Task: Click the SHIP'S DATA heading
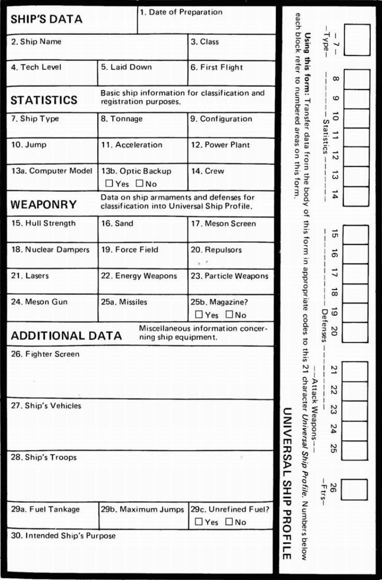[46, 20]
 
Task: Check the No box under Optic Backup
[139, 184]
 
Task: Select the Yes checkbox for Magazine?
[199, 314]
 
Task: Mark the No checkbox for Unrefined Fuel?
[229, 522]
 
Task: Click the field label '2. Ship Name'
[36, 42]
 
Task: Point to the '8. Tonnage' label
[122, 119]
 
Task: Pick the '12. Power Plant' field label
[220, 145]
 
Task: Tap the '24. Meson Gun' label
[39, 302]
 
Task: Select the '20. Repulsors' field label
[216, 249]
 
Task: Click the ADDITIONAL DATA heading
[66, 336]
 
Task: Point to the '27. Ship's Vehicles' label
[46, 405]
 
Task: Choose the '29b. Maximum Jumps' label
[143, 509]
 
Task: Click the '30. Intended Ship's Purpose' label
[63, 535]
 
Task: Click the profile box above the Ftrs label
[354, 489]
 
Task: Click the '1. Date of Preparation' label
[181, 12]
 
